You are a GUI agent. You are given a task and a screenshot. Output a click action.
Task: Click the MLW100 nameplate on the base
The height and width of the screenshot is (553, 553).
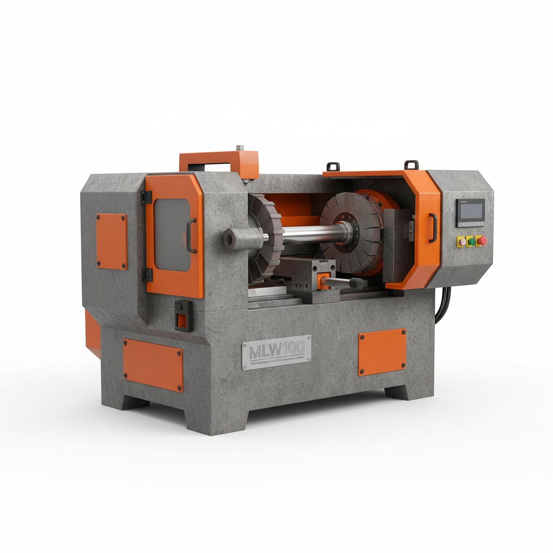276,352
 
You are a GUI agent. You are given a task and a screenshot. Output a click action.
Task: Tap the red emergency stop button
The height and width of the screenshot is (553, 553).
482,241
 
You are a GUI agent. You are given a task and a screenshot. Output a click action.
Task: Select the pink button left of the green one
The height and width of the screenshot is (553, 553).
462,241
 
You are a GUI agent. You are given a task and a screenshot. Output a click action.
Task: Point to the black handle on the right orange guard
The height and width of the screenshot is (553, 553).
432,226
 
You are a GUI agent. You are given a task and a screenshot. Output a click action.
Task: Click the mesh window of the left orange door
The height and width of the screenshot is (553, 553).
172,234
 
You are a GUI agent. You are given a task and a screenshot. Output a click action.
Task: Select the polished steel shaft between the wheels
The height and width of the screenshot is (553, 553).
311,234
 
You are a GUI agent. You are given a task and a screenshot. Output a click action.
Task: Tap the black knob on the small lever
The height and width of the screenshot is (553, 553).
356,282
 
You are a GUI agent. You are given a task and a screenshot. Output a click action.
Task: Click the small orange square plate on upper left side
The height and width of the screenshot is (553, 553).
111,241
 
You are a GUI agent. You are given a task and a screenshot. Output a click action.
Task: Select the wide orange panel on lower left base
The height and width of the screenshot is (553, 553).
152,365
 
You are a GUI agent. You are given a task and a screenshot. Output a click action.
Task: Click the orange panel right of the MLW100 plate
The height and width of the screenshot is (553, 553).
382,352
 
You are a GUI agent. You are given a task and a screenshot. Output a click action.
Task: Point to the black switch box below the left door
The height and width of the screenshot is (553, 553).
184,315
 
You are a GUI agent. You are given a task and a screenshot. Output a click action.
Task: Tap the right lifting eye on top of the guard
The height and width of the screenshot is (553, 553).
412,163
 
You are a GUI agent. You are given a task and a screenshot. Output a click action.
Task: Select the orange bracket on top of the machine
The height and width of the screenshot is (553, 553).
219,160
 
